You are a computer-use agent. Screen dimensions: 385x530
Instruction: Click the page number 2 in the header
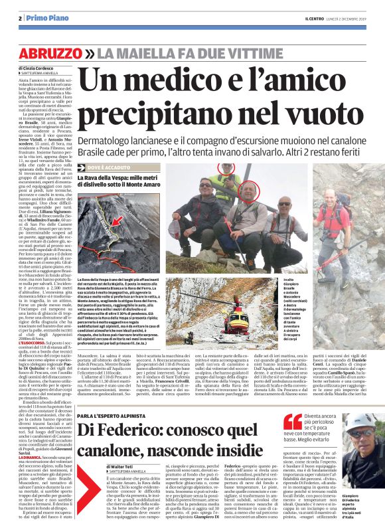point(21,19)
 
